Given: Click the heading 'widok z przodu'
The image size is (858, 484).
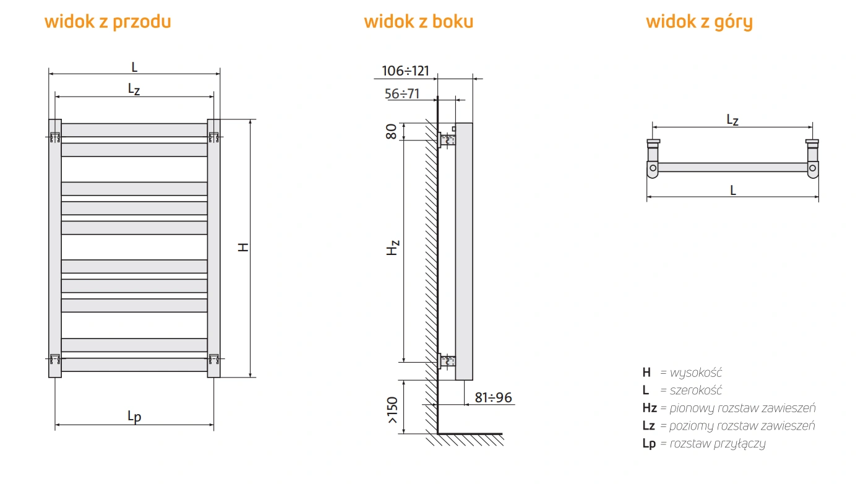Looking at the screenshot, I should click(108, 22).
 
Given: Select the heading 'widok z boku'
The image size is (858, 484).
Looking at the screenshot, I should click(418, 22).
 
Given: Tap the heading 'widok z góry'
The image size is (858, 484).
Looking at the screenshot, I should click(699, 22).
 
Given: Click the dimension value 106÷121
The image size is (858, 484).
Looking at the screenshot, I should click(405, 71).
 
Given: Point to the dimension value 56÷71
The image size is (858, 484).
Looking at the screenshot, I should click(402, 94).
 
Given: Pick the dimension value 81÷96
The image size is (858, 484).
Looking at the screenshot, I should click(493, 397).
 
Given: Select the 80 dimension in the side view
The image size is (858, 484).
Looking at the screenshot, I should click(392, 131).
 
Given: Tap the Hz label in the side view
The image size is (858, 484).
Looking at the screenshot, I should click(393, 248).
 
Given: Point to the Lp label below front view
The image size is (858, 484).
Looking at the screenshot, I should click(134, 417).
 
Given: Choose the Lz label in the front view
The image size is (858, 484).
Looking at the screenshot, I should click(134, 89).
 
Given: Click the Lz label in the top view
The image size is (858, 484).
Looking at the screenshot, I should click(732, 119).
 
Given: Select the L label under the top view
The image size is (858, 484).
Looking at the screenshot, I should click(733, 190).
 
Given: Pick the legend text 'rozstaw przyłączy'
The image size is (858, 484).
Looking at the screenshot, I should click(718, 444).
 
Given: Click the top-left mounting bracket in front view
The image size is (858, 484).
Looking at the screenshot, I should click(55, 137).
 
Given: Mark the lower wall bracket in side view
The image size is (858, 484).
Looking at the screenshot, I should click(447, 361).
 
